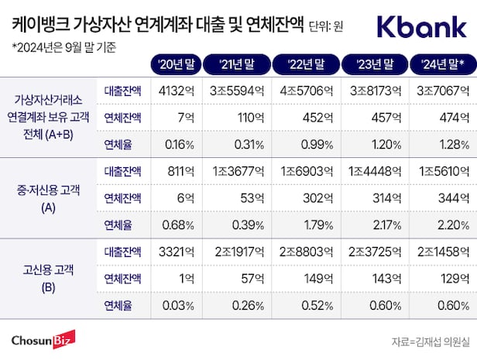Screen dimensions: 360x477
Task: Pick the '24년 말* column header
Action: click(442, 63)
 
